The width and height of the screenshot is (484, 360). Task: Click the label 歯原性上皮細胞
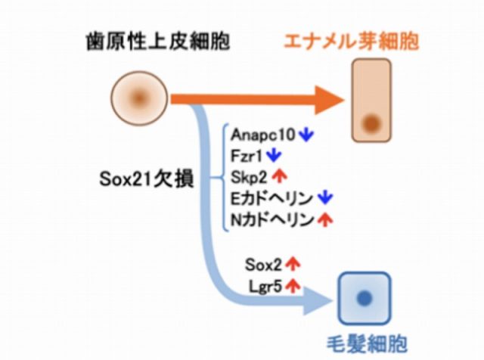[x=157, y=40]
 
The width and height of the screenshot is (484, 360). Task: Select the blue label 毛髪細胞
[x=365, y=343]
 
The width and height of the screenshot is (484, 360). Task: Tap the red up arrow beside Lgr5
[x=293, y=286]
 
